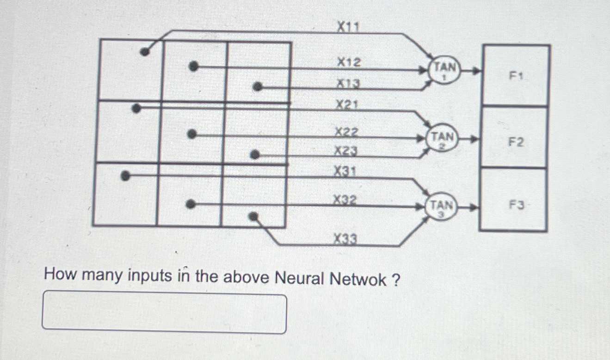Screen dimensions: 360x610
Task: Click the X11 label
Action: click(x=348, y=28)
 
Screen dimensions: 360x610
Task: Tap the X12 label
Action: click(x=348, y=61)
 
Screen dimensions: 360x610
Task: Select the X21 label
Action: click(x=347, y=105)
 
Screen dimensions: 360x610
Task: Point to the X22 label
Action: click(x=347, y=132)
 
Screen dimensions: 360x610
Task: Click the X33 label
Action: click(x=345, y=239)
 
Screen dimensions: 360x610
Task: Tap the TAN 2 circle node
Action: click(x=442, y=138)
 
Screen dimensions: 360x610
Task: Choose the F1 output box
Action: click(x=516, y=75)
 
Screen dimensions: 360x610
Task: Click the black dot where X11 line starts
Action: click(x=145, y=52)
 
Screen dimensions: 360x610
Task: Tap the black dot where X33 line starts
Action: click(x=253, y=216)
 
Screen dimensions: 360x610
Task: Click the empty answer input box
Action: click(x=164, y=314)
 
